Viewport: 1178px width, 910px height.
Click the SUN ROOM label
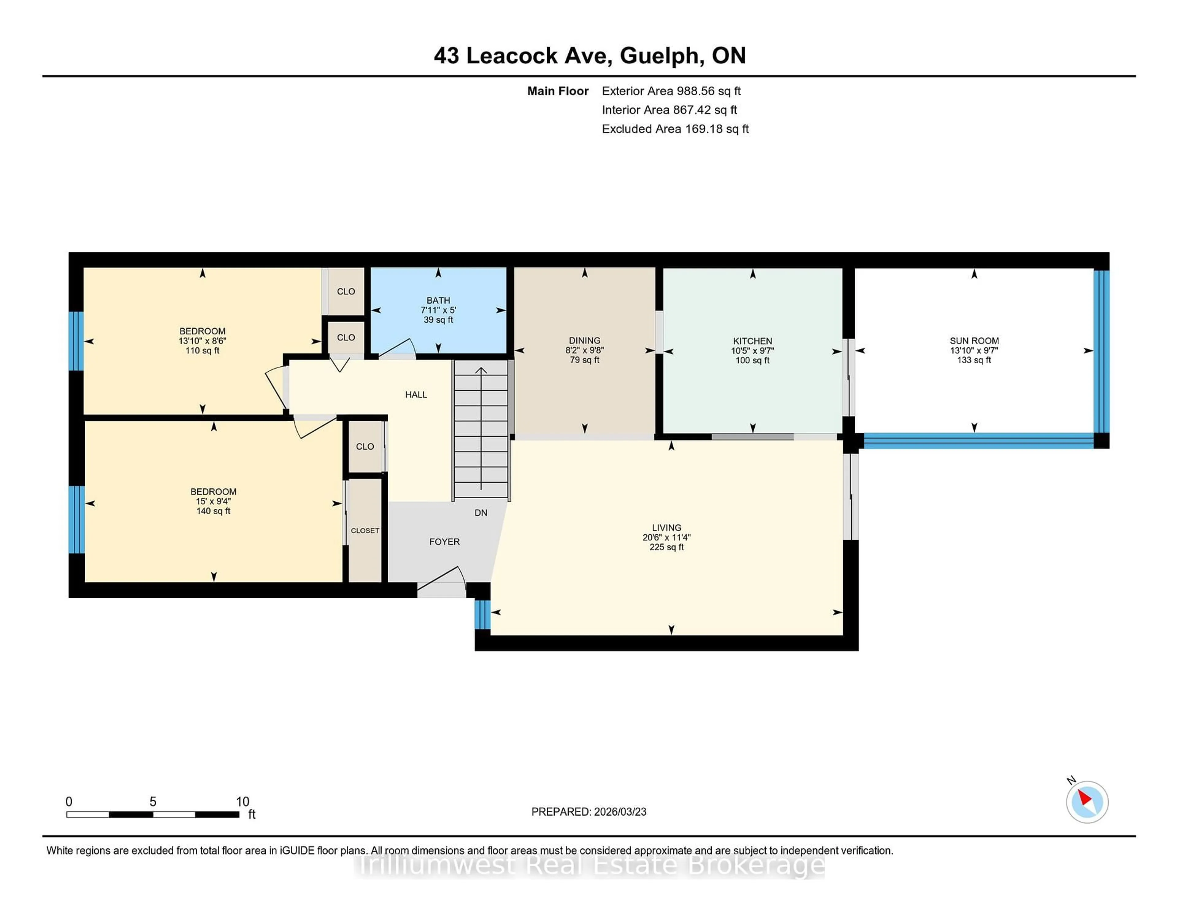pyautogui.click(x=974, y=341)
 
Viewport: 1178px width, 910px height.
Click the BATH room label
pyautogui.click(x=438, y=300)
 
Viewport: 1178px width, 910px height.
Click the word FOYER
pyautogui.click(x=445, y=542)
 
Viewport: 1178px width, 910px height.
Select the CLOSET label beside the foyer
pyautogui.click(x=365, y=530)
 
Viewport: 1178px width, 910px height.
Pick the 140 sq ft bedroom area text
pyautogui.click(x=213, y=511)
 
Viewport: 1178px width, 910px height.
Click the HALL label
pyautogui.click(x=416, y=395)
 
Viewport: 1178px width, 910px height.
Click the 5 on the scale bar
pyautogui.click(x=153, y=802)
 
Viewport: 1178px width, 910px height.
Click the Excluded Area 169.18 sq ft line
pyautogui.click(x=675, y=129)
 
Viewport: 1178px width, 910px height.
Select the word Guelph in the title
pyautogui.click(x=662, y=55)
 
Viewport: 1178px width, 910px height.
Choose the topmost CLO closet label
pyautogui.click(x=346, y=292)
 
